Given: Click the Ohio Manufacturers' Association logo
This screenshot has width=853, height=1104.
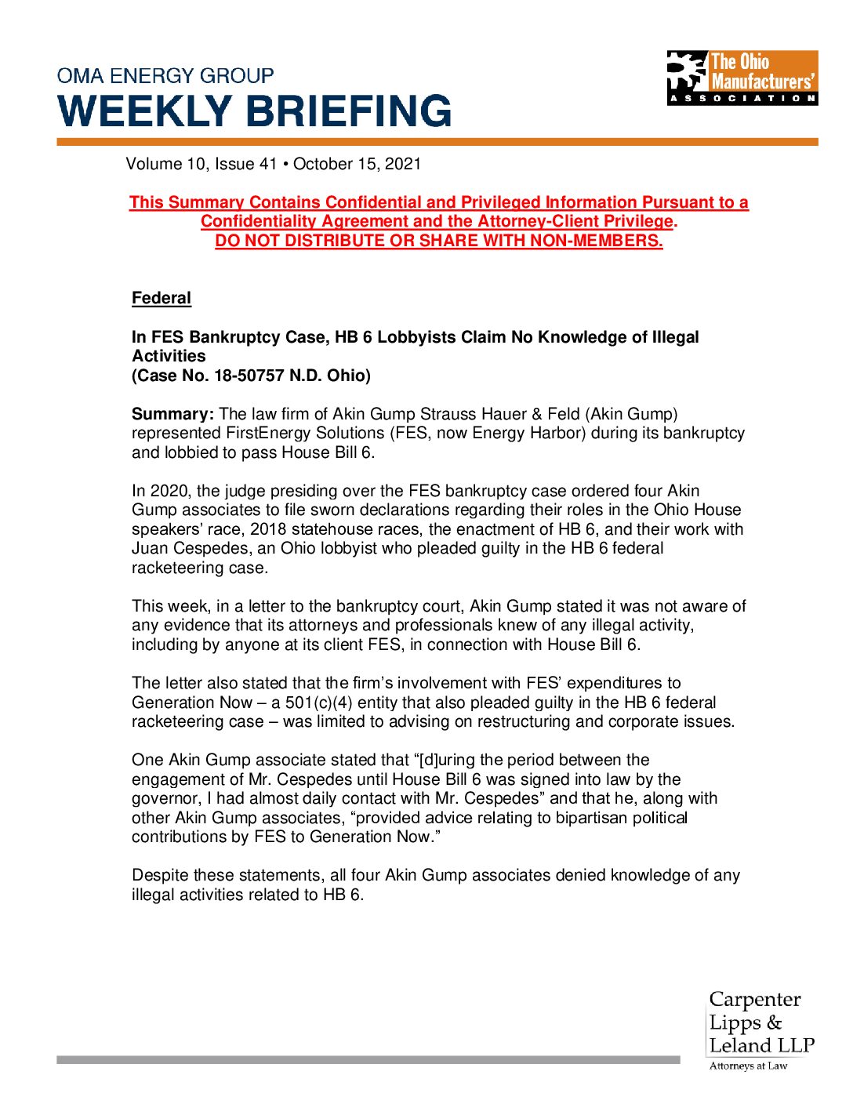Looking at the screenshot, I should (x=742, y=78).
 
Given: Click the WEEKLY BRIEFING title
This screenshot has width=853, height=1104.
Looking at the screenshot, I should (x=255, y=111).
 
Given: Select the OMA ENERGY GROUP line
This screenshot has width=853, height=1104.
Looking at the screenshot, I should (x=165, y=76).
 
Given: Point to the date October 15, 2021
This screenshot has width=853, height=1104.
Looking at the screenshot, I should (x=357, y=164).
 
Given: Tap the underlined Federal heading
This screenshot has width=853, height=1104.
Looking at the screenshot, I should (x=162, y=298).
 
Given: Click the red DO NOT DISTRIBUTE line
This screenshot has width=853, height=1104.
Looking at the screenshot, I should (x=439, y=241).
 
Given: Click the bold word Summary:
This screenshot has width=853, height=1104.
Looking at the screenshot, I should (x=172, y=414).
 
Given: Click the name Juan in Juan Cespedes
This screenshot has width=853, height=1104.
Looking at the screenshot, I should (x=150, y=549).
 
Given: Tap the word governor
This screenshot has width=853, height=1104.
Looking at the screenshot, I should (x=165, y=799).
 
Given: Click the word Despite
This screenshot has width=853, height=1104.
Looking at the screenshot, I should (x=160, y=875).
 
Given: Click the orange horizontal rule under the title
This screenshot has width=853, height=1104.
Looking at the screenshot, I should (x=437, y=142).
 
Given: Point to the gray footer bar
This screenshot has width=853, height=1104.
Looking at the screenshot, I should (x=368, y=1060).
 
